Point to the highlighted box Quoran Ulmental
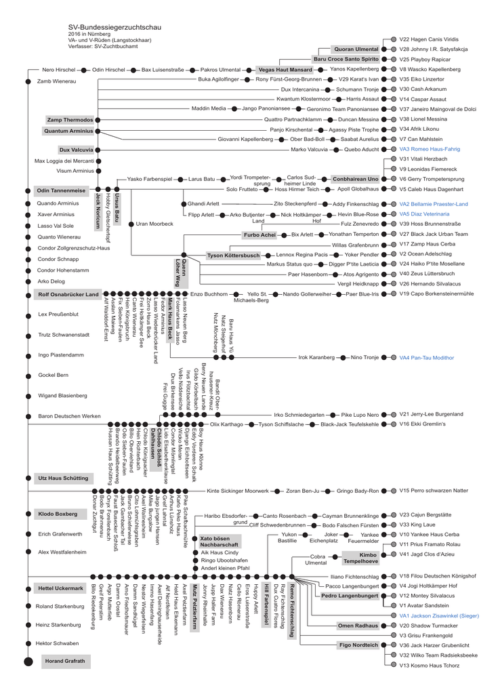click(x=356, y=49)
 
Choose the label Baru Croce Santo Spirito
click(x=346, y=60)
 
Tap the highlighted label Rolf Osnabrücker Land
click(x=68, y=294)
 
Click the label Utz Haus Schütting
click(x=62, y=478)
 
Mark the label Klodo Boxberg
click(x=58, y=514)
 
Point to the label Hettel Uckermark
click(x=60, y=588)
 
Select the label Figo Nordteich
click(x=358, y=645)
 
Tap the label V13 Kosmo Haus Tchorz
click(x=429, y=666)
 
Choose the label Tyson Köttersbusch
click(x=233, y=255)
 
